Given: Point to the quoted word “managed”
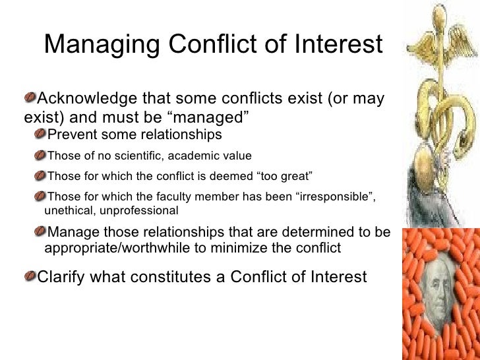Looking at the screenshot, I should [220, 118].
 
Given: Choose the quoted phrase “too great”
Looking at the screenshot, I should [282, 177].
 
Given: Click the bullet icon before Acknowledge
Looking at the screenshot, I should [30, 99].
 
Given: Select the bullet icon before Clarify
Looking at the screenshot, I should [30, 276].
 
